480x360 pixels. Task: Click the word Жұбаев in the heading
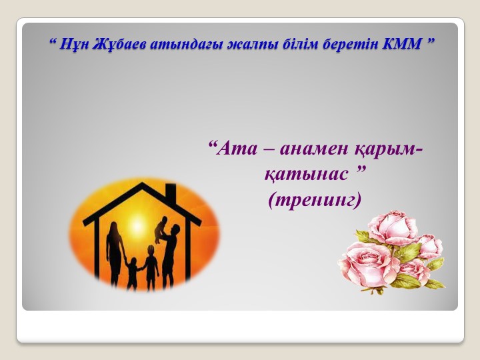tap(113, 45)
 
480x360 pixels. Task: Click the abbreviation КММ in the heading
tap(400, 45)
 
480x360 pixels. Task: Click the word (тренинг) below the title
tap(314, 199)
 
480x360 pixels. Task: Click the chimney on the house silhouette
tap(171, 193)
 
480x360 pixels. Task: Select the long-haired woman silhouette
tap(115, 250)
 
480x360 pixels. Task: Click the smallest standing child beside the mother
tap(132, 273)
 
